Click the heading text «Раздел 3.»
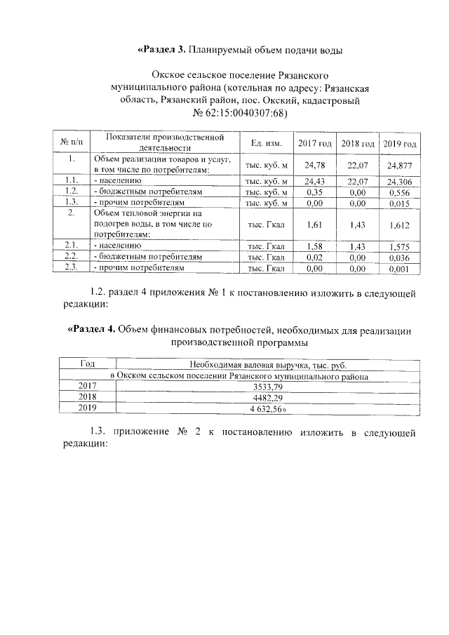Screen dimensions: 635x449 point(163,50)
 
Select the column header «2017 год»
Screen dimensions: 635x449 point(314,143)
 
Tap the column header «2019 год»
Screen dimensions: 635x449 point(399,143)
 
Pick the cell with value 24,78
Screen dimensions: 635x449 point(314,166)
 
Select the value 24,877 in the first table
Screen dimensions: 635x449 point(399,166)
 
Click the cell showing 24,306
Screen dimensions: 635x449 point(399,181)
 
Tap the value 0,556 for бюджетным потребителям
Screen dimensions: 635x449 point(399,192)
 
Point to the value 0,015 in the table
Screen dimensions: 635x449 point(399,203)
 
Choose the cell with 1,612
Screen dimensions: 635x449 point(399,225)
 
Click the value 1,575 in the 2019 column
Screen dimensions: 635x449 point(399,246)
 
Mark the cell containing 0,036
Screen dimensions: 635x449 point(399,257)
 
